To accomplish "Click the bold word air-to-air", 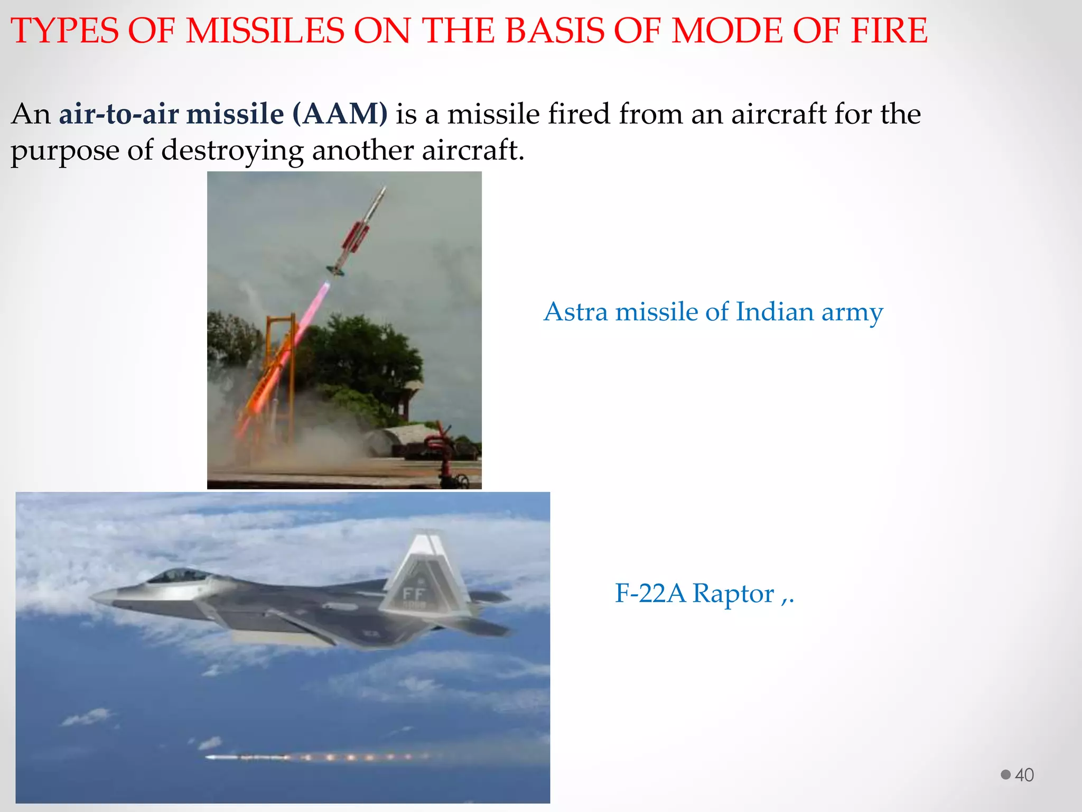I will tap(118, 114).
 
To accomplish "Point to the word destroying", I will tap(232, 151).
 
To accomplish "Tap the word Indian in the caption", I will tap(774, 311).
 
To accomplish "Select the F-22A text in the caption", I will tap(650, 593).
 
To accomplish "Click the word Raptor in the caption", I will tap(733, 593).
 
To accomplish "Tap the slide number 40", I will tap(1024, 775).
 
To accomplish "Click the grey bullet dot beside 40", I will tap(1005, 774).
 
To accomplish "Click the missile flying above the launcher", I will tap(357, 232).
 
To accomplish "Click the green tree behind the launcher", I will tap(365, 359).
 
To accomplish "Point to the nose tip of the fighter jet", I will tap(93, 598).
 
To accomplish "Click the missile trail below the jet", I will tap(317, 757).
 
